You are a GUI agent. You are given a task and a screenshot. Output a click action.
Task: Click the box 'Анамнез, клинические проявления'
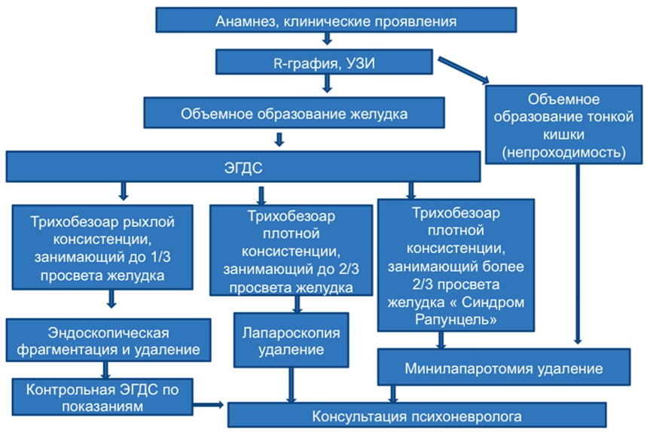336,20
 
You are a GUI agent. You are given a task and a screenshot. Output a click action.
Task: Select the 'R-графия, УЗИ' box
324,62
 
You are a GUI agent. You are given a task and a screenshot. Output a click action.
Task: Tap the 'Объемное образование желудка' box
294,113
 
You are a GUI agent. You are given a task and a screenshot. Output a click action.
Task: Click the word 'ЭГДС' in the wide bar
243,168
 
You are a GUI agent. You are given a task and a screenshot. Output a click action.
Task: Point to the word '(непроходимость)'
563,153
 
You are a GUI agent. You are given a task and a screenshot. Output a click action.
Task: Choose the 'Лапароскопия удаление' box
291,340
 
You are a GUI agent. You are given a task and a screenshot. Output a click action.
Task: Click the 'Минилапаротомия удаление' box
504,367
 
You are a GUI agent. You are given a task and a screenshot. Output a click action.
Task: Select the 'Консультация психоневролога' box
417,415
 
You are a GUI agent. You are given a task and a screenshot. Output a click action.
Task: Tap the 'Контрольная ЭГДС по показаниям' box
102,397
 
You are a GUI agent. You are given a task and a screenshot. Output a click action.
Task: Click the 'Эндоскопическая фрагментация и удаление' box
108,340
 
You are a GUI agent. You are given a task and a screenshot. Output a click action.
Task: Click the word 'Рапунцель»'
456,319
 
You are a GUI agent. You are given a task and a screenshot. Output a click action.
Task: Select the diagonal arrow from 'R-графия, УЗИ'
463,70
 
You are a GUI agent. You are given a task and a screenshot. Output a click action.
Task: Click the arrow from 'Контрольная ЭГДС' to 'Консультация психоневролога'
209,405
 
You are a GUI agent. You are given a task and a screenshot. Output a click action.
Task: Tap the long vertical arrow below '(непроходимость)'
578,254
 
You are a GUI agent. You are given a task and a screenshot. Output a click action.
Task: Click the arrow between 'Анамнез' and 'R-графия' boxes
327,38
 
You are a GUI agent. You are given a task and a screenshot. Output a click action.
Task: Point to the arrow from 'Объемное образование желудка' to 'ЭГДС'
279,139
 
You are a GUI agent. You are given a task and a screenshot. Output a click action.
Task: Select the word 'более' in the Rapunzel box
505,266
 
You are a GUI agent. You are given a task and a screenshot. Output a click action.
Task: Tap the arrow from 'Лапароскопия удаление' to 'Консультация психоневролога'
291,385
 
